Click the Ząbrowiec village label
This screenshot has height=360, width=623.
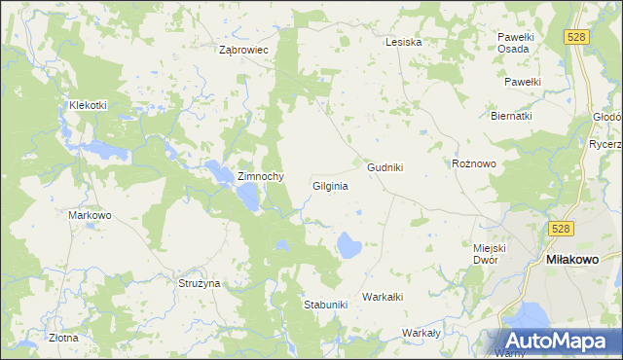pyautogui.click(x=244, y=49)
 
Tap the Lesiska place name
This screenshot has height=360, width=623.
pyautogui.click(x=403, y=42)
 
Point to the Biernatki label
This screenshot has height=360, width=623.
pyautogui.click(x=510, y=115)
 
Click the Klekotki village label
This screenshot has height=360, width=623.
pyautogui.click(x=88, y=105)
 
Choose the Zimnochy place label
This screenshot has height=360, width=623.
pyautogui.click(x=260, y=176)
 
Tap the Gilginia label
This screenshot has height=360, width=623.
pyautogui.click(x=330, y=185)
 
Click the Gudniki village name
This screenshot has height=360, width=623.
pyautogui.click(x=385, y=167)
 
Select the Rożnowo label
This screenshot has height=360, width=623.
pyautogui.click(x=475, y=163)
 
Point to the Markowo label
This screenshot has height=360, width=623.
pyautogui.click(x=90, y=215)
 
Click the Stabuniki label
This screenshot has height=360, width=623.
pyautogui.click(x=325, y=305)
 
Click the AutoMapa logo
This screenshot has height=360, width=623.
pyautogui.click(x=560, y=341)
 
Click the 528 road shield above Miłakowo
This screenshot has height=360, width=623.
pyautogui.click(x=558, y=228)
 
